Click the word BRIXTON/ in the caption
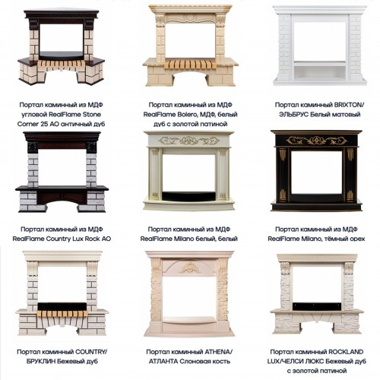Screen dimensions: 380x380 coord(348,105)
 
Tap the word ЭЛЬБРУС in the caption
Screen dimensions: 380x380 coord(293,115)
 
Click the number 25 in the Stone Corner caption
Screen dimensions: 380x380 coord(46,124)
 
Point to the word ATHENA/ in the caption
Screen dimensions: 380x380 coord(218,352)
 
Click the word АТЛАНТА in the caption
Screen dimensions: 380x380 coord(163,362)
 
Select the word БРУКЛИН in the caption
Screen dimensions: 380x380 coord(40,362)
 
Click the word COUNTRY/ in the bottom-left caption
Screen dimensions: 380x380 coord(91,352)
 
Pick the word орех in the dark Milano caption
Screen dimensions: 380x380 coord(357,239)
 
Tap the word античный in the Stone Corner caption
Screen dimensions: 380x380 coord(76,124)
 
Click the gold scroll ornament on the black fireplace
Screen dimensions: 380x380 coord(317,140)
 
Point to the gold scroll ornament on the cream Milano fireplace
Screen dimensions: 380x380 coord(188,141)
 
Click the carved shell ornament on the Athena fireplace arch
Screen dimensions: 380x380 coord(190,268)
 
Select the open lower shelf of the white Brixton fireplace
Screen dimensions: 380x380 coord(320,72)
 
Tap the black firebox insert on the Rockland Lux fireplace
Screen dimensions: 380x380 coord(318,306)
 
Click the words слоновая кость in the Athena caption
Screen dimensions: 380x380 coord(204,362)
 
